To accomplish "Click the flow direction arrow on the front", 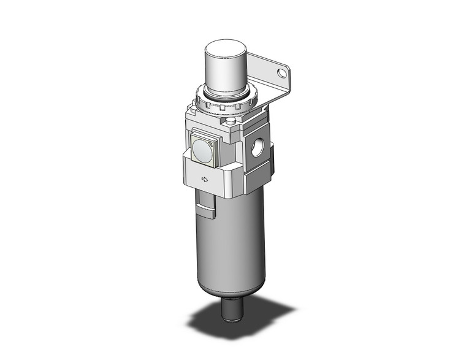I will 205,180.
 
